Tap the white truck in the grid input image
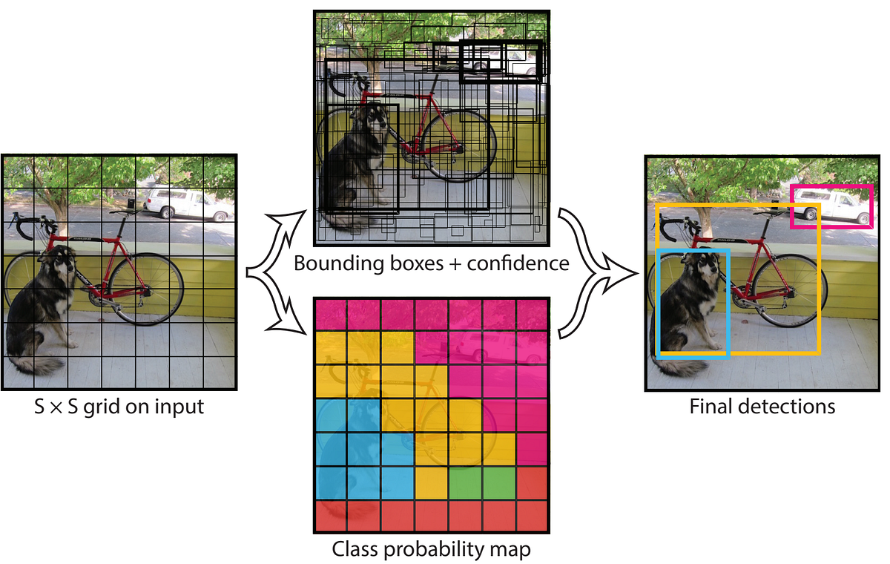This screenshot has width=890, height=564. [x=186, y=204]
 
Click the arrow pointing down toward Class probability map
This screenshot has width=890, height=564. [x=286, y=315]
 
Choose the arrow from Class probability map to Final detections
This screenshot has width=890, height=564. [x=586, y=312]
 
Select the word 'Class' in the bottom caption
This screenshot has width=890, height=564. [x=353, y=550]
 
